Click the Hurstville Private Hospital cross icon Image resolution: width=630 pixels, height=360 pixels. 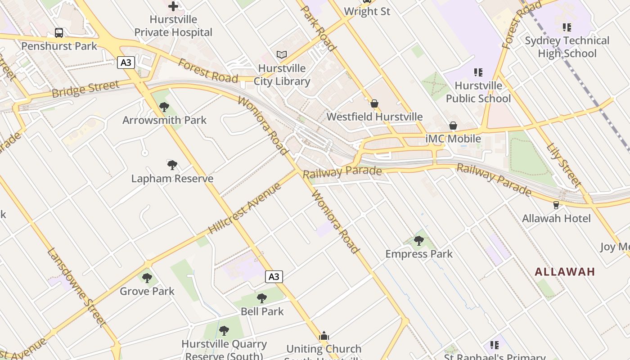pos(173,6)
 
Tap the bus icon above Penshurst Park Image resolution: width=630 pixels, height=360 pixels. pos(59,32)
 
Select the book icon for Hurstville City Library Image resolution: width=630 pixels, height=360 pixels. pos(282,55)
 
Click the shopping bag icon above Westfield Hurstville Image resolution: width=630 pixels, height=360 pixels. pos(374,103)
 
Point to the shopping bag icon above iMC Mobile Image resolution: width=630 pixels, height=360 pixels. pos(453,126)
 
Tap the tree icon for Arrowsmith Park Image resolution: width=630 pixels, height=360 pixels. pos(164,107)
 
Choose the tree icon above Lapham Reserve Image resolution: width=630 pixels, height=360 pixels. pos(172,165)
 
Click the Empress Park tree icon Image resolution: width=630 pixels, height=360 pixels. pos(419,241)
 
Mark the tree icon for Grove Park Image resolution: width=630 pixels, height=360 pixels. pos(147,278)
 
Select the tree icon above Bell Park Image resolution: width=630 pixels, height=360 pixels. pos(262,298)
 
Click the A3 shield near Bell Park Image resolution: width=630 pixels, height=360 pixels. pos(274,277)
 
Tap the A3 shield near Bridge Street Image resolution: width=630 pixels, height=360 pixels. pos(126,62)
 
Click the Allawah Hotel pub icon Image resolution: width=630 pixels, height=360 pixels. pos(556,205)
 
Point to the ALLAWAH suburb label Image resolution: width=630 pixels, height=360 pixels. pos(565,272)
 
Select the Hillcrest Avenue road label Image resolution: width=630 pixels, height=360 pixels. pos(245,208)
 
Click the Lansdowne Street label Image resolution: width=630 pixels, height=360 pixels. pos(76,287)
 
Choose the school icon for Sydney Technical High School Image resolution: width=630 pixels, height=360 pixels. pos(567,27)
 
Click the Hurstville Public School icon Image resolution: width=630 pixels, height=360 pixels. pos(478,72)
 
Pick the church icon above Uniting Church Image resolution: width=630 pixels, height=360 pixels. pos(324,336)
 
